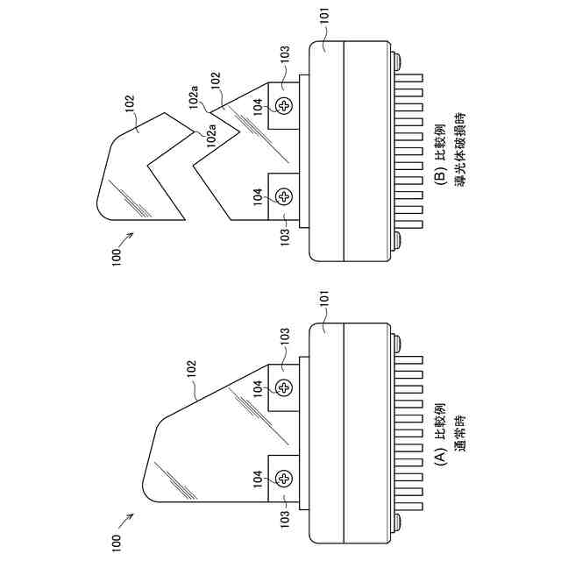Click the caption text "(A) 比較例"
pos(442,431)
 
